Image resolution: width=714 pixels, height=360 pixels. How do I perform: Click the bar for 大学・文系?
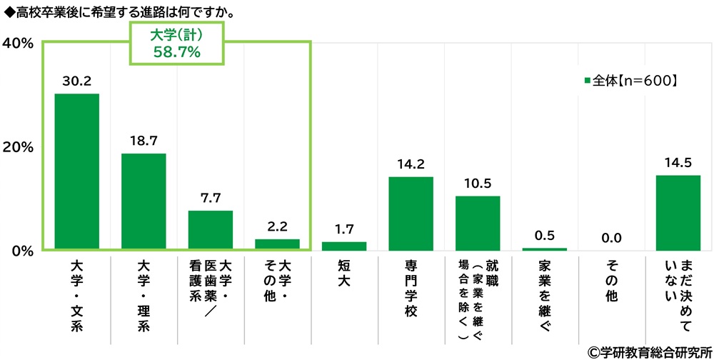pyautogui.click(x=76, y=171)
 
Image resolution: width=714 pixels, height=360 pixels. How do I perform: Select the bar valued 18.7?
pyautogui.click(x=144, y=201)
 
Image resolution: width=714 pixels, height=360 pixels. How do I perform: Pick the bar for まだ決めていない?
pyautogui.click(x=678, y=212)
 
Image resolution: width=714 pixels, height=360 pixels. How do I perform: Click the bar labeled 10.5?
pyautogui.click(x=478, y=223)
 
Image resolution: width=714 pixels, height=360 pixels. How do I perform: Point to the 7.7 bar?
pyautogui.click(x=211, y=230)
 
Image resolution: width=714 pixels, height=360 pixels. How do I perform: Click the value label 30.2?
pyautogui.click(x=76, y=82)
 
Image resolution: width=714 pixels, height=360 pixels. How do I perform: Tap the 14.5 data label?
pyautogui.click(x=678, y=163)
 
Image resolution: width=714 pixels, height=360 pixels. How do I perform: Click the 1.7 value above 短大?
pyautogui.click(x=343, y=229)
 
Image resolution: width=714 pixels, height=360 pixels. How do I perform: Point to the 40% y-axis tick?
pyautogui.click(x=19, y=44)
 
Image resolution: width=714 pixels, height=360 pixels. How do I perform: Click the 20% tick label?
pyautogui.click(x=19, y=147)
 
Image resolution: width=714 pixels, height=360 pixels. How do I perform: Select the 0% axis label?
pyautogui.click(x=23, y=251)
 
